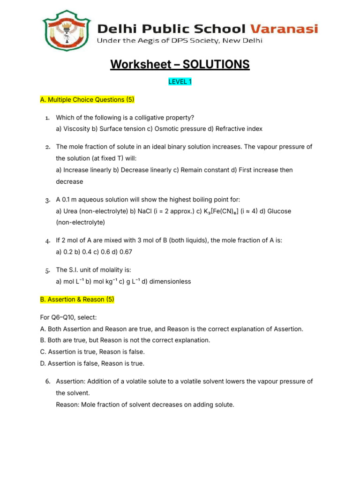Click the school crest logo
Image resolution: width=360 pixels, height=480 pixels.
coord(67,32)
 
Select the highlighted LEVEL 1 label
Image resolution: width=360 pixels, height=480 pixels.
coord(180,82)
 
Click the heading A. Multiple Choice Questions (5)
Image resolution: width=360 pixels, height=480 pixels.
coord(87,99)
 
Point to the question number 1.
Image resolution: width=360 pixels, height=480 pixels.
coord(48,117)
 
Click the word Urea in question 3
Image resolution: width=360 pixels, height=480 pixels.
coord(70,211)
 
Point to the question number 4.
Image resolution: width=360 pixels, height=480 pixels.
coord(48,241)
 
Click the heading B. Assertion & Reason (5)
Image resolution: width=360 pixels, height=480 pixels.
coord(77,299)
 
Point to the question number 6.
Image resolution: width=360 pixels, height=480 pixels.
coord(48,382)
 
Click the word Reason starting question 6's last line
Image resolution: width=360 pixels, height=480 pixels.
coord(67,404)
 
